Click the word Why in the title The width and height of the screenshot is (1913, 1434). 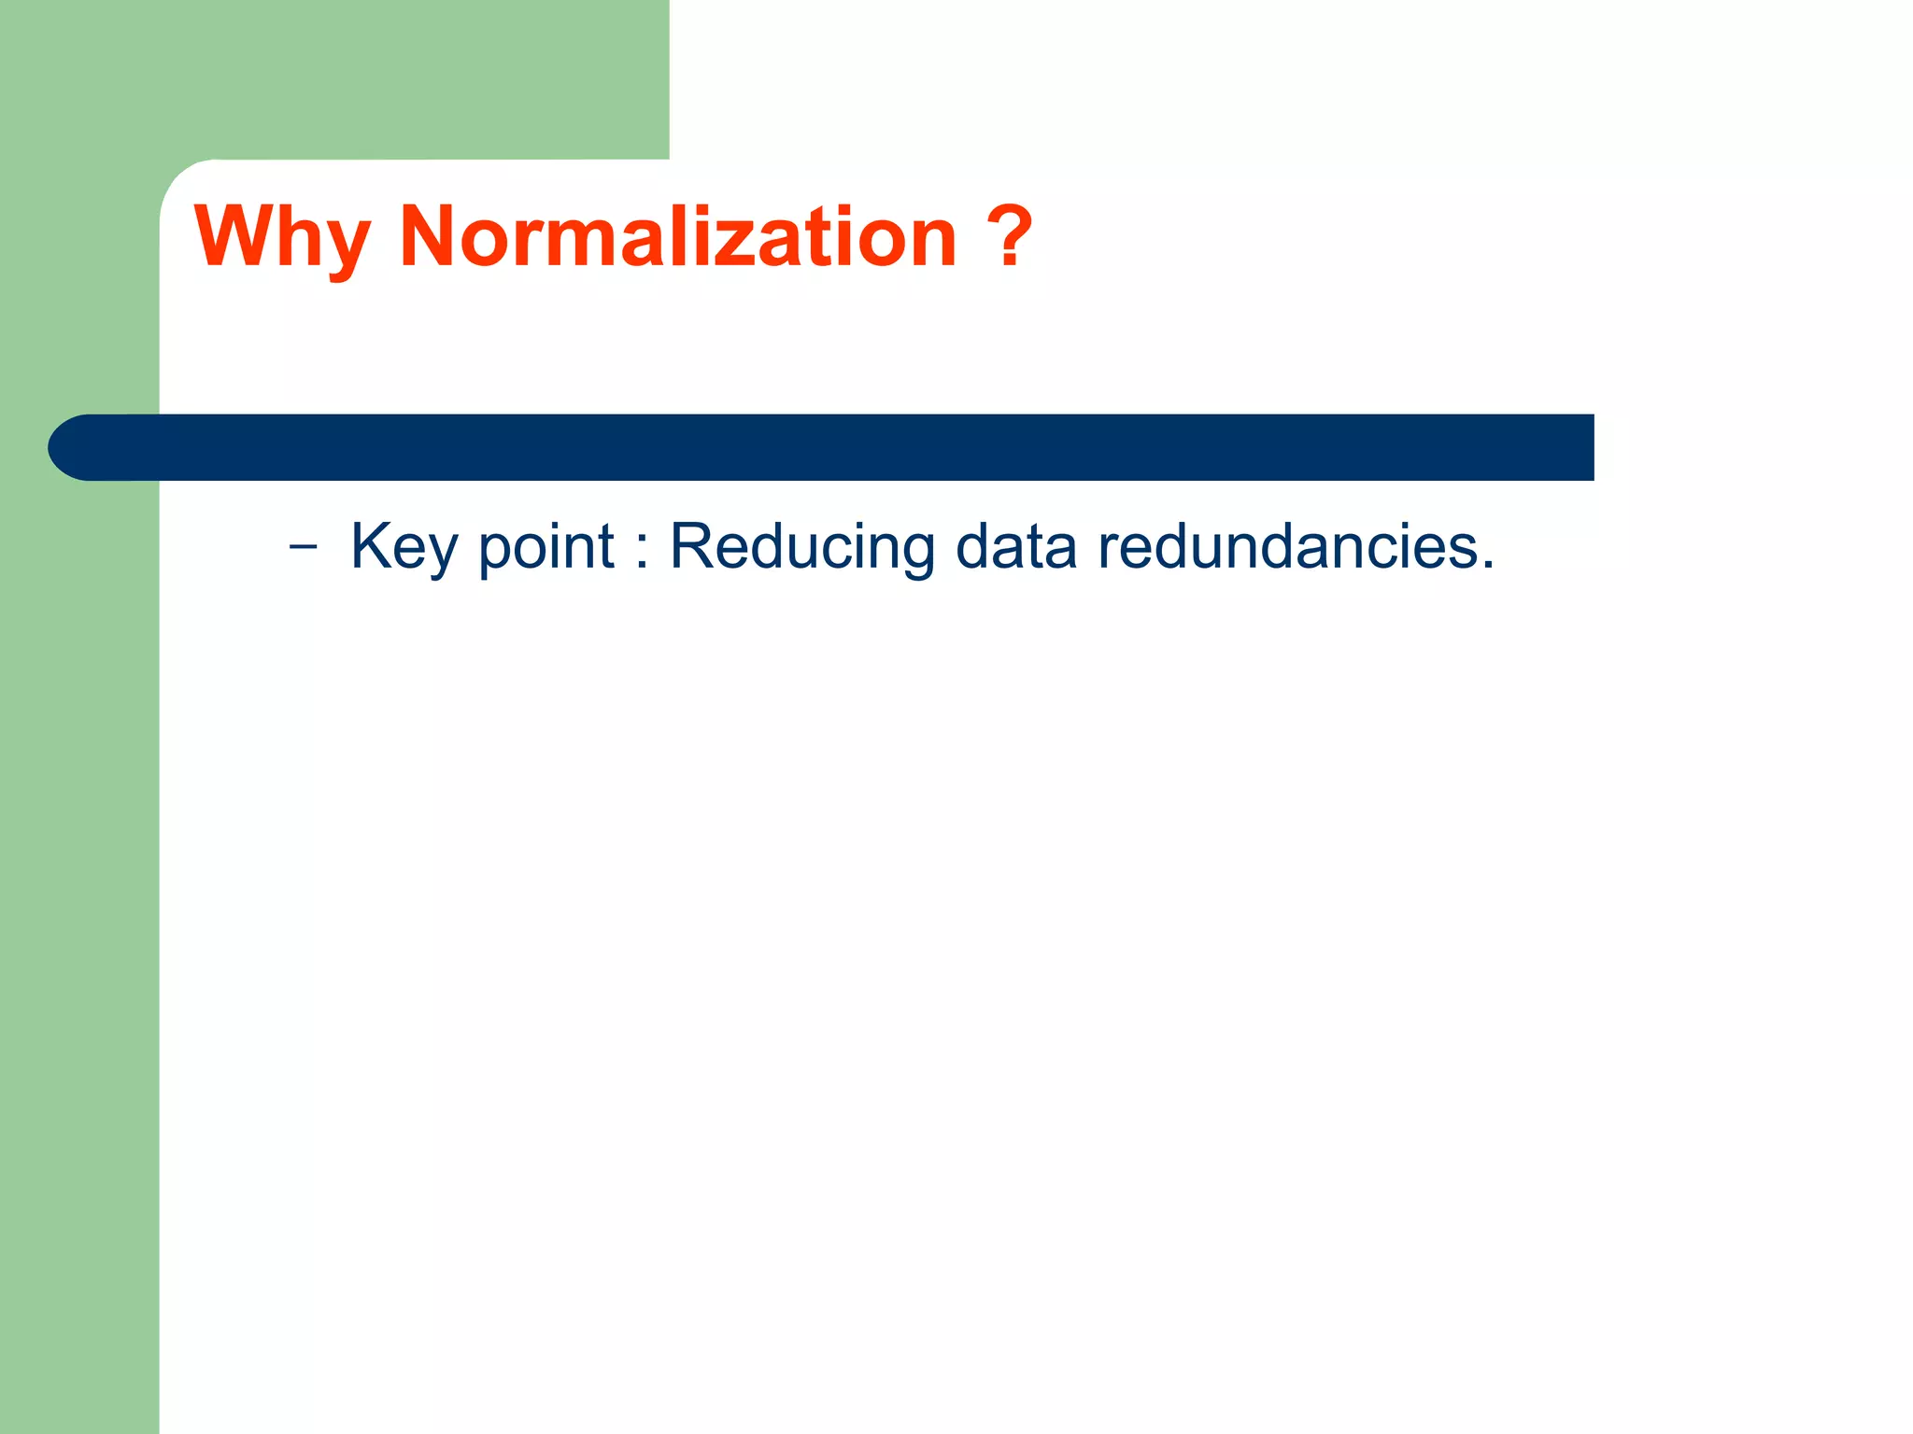tap(282, 238)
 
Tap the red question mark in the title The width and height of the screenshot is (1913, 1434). tap(1009, 234)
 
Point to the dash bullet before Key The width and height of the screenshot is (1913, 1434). tap(303, 547)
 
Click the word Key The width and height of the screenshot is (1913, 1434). tap(404, 547)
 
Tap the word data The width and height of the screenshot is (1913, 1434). tap(1016, 547)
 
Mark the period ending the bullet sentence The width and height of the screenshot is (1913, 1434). tap(1487, 566)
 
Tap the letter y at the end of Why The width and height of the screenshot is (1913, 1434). tap(347, 247)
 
